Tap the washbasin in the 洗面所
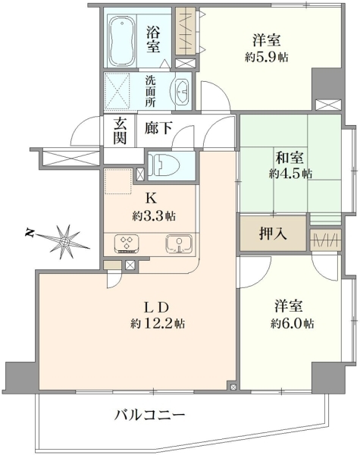point(182,91)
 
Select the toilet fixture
point(163,165)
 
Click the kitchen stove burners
point(127,243)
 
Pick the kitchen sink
point(179,243)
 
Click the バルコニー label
point(149,415)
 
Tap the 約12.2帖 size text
point(158,323)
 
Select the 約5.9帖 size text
point(267,57)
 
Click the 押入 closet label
point(273,233)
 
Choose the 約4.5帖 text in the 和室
point(290,174)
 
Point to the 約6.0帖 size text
point(293,323)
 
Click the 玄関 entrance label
point(120,131)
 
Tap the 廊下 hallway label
point(158,127)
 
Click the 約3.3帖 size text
point(154,215)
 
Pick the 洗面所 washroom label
point(150,91)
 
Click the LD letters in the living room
point(157,307)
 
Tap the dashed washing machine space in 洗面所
point(116,91)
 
